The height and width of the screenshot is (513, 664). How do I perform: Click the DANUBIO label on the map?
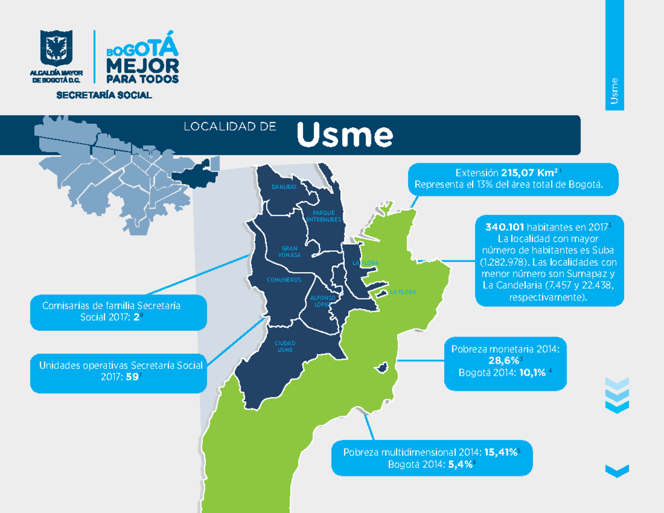[x=283, y=188]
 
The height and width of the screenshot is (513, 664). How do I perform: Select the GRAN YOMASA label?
[x=290, y=252]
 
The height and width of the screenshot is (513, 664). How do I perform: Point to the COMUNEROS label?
[x=284, y=280]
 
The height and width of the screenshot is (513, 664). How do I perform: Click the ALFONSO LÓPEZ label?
[x=319, y=301]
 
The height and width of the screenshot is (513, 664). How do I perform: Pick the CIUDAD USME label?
[x=285, y=347]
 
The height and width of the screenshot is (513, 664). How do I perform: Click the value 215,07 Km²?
[x=528, y=173]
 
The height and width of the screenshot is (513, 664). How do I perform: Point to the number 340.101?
[x=505, y=227]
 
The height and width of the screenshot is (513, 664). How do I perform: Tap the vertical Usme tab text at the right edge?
[x=614, y=92]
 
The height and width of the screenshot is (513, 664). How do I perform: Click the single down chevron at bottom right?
[x=617, y=470]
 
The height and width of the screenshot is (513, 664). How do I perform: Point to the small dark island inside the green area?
[x=381, y=367]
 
